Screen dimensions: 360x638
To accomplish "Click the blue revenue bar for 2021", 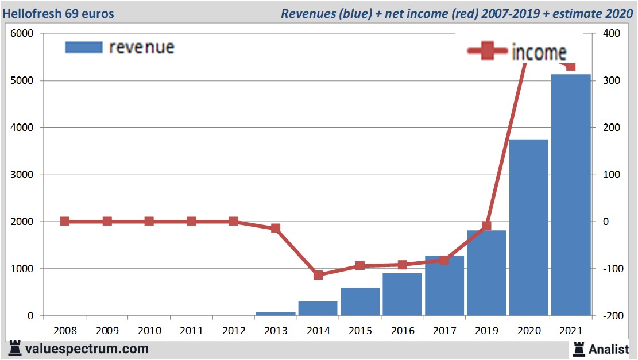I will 571,195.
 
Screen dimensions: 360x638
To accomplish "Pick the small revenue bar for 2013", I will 276,313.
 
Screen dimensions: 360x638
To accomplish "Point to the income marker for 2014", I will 318,275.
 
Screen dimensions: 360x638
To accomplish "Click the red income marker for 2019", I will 486,226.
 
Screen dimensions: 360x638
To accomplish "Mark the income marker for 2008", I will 65,222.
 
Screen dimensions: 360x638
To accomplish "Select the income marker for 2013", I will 276,228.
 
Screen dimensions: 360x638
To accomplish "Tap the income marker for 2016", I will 402,265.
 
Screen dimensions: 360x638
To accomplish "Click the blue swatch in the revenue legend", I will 84,47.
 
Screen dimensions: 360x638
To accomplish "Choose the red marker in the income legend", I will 488,52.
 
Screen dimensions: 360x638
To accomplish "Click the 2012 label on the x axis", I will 233,331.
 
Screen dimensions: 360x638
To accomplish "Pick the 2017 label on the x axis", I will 444,331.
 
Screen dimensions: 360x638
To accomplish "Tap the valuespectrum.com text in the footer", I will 86,349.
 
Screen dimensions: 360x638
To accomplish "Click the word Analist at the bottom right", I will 608,349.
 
